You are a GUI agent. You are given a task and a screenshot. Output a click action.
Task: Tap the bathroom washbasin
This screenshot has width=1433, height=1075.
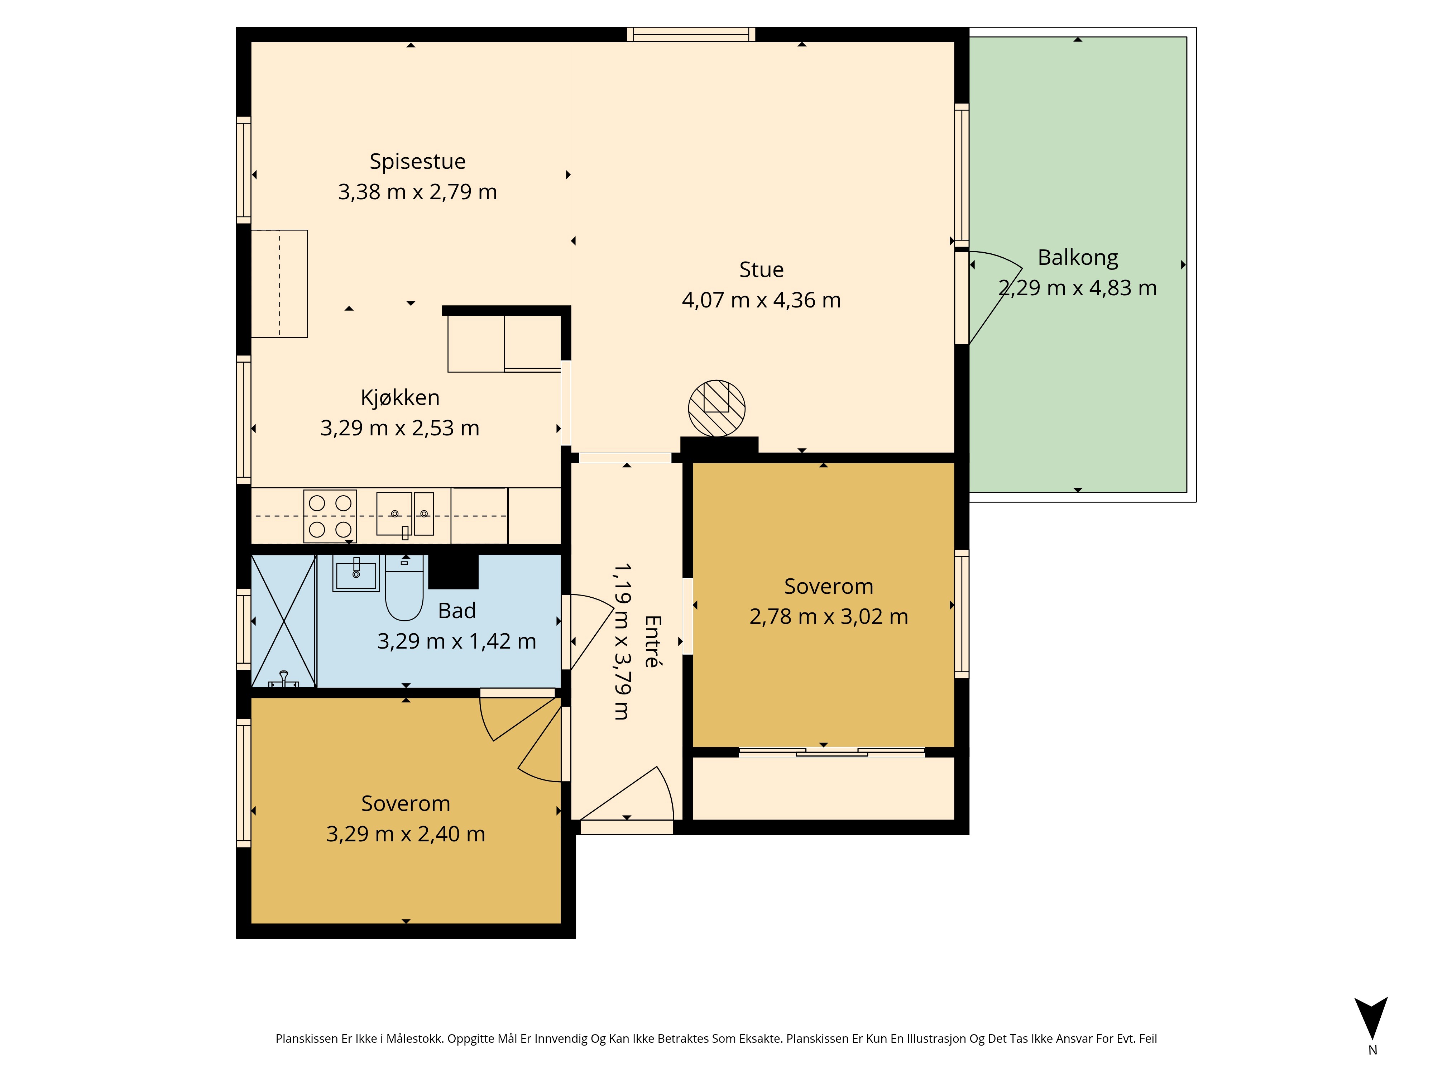pos(356,573)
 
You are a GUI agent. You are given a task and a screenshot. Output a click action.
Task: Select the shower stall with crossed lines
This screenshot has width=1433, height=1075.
pos(283,621)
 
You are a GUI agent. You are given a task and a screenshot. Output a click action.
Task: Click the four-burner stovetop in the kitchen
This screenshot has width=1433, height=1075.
pos(330,516)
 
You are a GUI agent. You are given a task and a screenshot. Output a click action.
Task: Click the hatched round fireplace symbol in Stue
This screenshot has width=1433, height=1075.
pos(716,408)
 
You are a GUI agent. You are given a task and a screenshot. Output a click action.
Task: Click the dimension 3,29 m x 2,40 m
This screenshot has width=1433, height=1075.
pos(406,834)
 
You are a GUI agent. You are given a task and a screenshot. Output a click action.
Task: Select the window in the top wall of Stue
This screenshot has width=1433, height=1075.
pos(691,34)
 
